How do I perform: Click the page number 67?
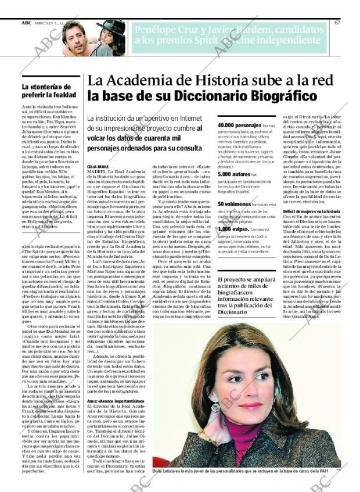[337, 23]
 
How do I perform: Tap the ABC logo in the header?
[26, 23]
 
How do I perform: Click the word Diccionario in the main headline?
[262, 96]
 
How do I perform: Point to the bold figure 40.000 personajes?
[239, 125]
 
